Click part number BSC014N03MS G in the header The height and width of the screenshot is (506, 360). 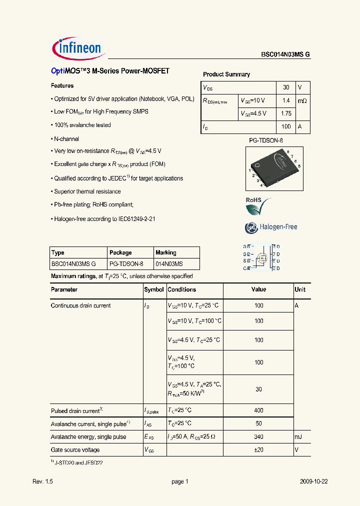285,55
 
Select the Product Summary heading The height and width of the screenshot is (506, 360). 226,74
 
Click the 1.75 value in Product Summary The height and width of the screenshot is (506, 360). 286,113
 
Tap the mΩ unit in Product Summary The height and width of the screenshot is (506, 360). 302,100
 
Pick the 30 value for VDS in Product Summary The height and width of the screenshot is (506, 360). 286,87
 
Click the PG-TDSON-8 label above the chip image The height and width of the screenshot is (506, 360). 266,141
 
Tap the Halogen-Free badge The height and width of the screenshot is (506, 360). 271,227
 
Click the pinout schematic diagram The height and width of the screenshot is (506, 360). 261,257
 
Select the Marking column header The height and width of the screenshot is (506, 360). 166,252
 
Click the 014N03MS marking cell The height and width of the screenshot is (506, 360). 169,263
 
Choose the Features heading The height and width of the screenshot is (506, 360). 62,86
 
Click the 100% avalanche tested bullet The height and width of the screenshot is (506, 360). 82,125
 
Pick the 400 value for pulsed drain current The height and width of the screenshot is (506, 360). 258,410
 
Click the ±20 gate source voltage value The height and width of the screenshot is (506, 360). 258,449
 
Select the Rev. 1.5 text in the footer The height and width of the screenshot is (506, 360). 42,481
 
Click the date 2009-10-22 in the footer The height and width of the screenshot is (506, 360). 313,481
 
